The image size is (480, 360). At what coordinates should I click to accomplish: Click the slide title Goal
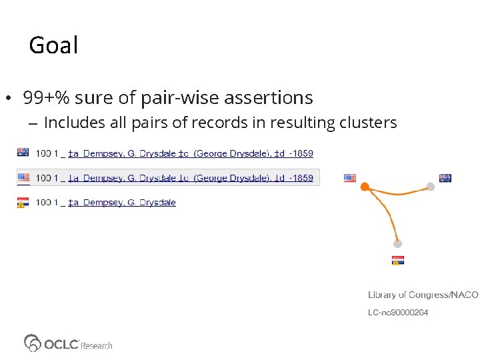53,45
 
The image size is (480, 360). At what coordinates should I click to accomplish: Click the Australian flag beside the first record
23,152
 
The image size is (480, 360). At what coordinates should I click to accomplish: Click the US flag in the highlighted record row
23,177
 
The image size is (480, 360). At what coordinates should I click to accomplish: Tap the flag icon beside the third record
23,202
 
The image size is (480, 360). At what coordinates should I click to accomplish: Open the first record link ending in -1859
191,153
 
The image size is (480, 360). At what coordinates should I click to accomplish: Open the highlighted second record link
191,178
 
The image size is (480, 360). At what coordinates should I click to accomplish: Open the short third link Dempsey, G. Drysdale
122,203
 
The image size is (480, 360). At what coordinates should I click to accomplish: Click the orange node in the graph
365,187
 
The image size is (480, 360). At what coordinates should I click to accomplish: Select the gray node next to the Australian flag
431,187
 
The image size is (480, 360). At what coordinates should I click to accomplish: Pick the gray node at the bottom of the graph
397,243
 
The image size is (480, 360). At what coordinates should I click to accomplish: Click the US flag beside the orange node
350,178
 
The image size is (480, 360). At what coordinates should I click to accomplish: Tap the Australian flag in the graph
445,178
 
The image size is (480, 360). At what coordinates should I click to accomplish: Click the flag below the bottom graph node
397,260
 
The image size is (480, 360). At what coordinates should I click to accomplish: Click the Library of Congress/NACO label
423,295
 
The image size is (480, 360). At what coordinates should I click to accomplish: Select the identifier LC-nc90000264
398,313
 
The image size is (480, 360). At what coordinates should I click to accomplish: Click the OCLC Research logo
68,343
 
